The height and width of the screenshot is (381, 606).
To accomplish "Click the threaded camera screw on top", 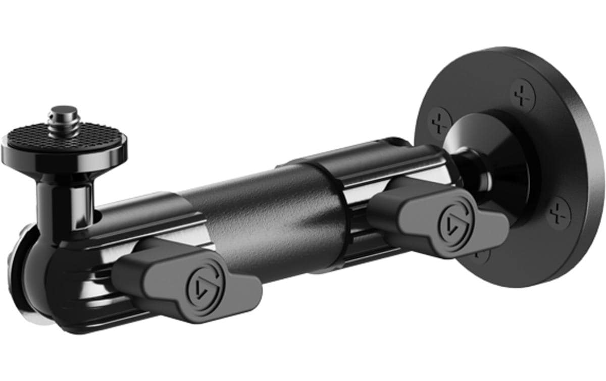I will pos(65,119).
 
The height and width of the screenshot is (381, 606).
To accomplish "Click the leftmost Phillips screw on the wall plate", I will pos(440,122).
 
